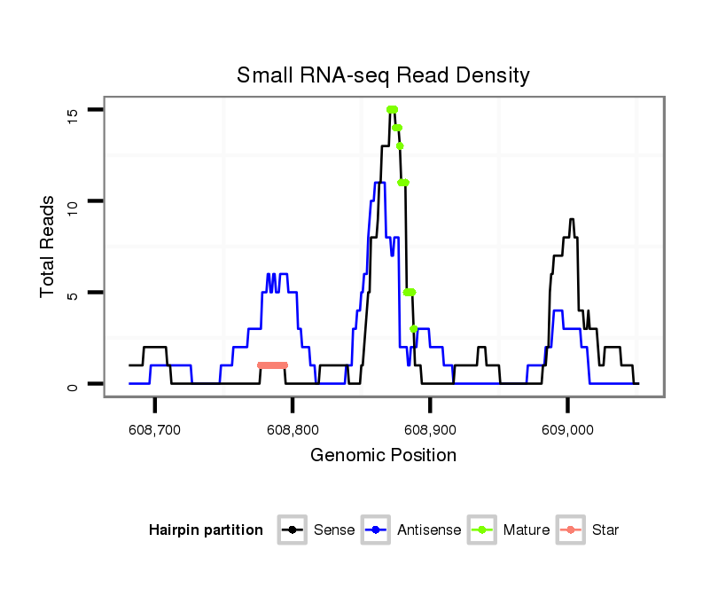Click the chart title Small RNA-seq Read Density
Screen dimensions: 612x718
tap(383, 75)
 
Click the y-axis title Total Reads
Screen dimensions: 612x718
tap(48, 247)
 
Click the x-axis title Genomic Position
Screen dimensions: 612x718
tap(383, 456)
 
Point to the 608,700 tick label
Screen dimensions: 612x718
tap(155, 429)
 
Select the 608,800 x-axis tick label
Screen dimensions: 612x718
tap(293, 429)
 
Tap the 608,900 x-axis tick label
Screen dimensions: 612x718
tap(430, 429)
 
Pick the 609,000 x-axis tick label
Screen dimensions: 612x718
tap(567, 429)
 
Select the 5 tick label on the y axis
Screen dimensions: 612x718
tap(73, 293)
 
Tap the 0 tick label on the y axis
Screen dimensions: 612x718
tap(73, 384)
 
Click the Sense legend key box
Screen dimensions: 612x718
tap(292, 530)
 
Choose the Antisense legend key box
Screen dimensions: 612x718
tap(377, 530)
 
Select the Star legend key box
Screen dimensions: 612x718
tap(571, 530)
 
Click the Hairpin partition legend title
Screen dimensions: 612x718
tap(206, 530)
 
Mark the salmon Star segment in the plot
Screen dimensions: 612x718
tap(273, 365)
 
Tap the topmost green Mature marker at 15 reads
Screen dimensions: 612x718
tap(392, 109)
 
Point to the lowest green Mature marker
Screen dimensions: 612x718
tap(414, 329)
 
